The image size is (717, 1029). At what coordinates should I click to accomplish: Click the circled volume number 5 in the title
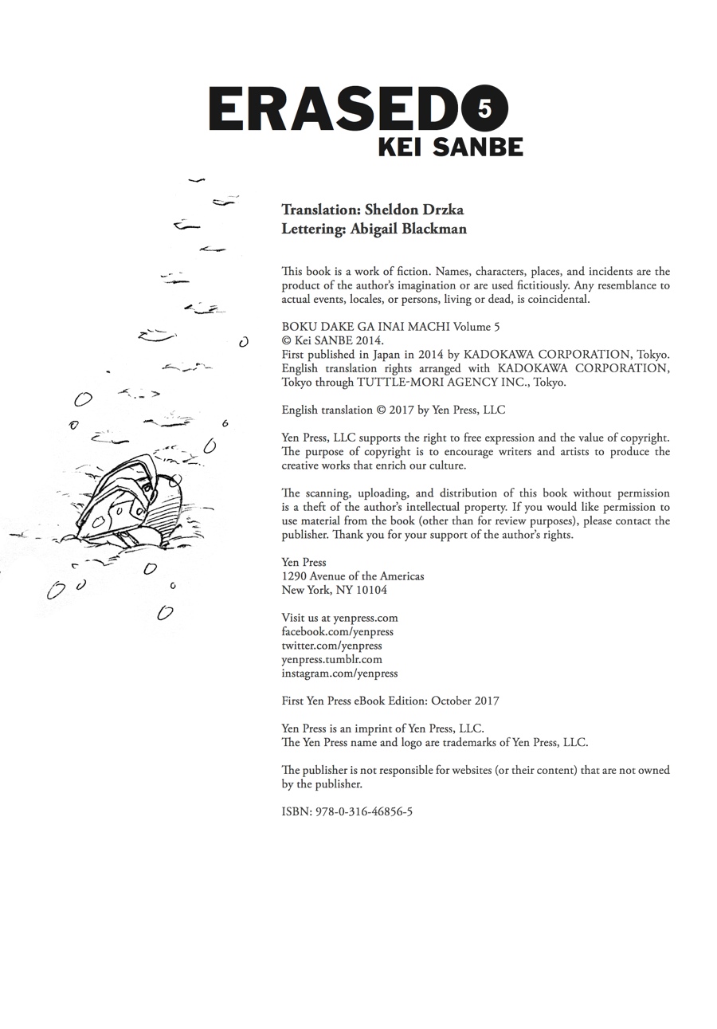[x=484, y=108]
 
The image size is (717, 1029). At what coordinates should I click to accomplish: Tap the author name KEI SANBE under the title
[x=450, y=147]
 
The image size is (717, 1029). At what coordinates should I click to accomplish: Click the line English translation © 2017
[x=393, y=410]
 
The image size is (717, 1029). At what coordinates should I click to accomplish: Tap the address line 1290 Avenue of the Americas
[x=353, y=576]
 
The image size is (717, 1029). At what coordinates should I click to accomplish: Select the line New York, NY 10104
[x=334, y=591]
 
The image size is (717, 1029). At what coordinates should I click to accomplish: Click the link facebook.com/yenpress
[x=337, y=631]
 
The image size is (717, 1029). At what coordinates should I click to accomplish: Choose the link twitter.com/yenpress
[x=331, y=646]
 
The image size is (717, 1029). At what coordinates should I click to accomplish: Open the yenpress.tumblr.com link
[x=331, y=659]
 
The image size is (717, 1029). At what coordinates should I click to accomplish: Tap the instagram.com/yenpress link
[x=339, y=674]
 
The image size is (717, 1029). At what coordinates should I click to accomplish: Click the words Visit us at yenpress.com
[x=339, y=618]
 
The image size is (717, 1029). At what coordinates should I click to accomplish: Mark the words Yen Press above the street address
[x=304, y=563]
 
